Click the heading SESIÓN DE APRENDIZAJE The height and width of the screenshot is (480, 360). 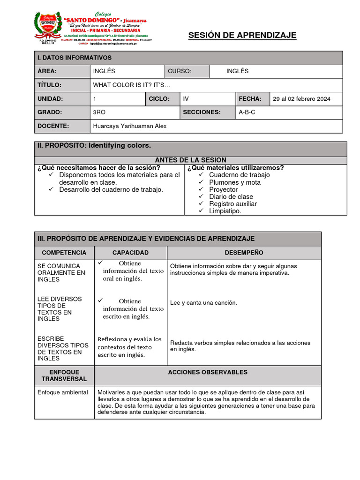click(242, 36)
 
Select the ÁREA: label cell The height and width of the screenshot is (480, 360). click(47, 71)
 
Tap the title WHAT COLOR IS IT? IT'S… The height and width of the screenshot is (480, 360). click(132, 85)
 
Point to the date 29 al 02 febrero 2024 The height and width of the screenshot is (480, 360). click(301, 99)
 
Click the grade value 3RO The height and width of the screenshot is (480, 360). click(100, 112)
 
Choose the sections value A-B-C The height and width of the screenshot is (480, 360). click(247, 112)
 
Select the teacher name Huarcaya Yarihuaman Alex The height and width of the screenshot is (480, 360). click(130, 126)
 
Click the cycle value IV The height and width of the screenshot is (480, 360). click(186, 99)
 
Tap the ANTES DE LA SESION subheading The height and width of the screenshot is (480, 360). click(190, 160)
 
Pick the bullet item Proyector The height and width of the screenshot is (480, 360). click(223, 189)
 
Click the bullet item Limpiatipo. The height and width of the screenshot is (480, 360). click(225, 211)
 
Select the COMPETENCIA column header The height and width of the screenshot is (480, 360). click(64, 253)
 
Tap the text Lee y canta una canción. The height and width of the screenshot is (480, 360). click(203, 303)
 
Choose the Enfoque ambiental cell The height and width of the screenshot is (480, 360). click(63, 392)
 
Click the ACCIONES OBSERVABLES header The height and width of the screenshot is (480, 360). click(207, 372)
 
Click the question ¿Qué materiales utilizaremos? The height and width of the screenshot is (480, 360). click(235, 168)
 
